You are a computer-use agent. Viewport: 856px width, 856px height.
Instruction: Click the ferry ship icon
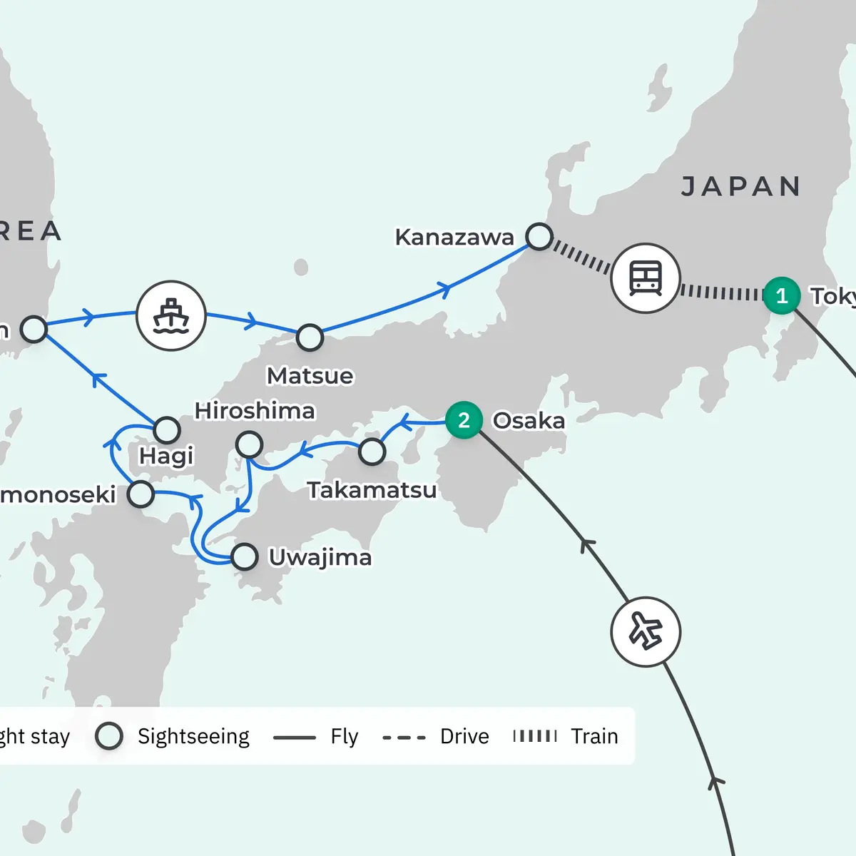tap(171, 316)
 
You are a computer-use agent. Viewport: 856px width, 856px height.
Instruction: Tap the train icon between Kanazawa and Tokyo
tap(645, 278)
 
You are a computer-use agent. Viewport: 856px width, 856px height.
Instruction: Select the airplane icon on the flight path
tap(646, 632)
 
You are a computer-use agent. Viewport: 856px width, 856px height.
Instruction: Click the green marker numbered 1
tap(782, 295)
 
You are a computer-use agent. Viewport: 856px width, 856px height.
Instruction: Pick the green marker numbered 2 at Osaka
tap(464, 420)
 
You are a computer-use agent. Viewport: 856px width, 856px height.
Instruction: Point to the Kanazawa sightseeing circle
tap(539, 237)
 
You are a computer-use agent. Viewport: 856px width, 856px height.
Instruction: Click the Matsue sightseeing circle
tap(310, 337)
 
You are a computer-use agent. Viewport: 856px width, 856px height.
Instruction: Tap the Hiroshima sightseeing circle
tap(249, 444)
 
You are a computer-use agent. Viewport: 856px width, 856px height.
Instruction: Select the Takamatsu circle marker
tap(372, 452)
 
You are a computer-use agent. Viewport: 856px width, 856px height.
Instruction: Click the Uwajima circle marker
tap(245, 556)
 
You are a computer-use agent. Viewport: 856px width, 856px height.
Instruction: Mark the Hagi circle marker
tap(167, 429)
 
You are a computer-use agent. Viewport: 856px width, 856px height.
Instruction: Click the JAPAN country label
tap(741, 187)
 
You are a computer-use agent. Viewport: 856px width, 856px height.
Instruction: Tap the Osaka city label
tap(529, 421)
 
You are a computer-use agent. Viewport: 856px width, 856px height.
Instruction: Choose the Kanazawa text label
tap(454, 238)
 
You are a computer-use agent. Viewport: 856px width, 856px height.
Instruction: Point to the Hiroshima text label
tap(255, 411)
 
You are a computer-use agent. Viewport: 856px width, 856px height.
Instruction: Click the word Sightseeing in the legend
tap(193, 736)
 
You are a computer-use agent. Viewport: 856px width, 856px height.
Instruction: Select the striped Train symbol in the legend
tap(535, 736)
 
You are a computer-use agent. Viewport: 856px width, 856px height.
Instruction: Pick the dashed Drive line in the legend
tap(404, 737)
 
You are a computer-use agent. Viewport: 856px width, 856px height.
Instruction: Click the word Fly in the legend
tap(344, 736)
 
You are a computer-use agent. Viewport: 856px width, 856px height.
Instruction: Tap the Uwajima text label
tap(320, 557)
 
